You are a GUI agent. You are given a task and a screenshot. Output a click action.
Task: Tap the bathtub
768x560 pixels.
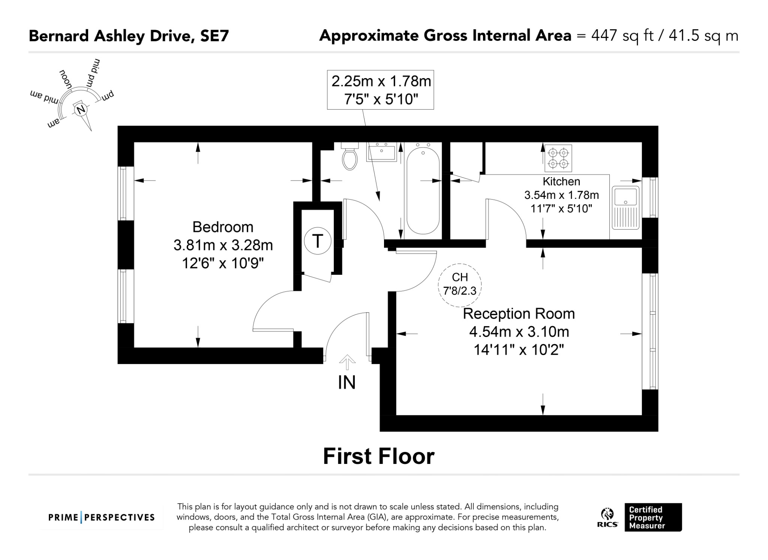423,191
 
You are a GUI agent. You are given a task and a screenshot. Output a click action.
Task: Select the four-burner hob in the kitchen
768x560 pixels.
558,158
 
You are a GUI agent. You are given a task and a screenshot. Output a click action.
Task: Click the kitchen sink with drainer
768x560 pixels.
625,208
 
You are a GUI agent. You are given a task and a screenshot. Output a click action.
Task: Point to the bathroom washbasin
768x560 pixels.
381,152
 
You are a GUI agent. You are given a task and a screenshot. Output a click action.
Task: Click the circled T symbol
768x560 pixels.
318,241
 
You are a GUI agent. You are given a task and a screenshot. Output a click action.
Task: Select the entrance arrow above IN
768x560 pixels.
347,362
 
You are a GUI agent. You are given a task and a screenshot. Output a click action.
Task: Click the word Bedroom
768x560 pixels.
223,227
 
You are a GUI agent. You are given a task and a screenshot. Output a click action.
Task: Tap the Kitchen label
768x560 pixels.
561,181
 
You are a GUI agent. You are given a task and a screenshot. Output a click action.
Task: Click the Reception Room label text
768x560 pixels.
519,314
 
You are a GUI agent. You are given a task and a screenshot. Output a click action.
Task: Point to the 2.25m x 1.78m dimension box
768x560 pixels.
381,90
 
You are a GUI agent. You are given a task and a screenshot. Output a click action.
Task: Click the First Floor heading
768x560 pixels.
379,456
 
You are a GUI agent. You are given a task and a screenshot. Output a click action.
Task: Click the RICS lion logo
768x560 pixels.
607,518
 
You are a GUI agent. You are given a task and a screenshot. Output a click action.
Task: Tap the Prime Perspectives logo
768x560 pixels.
102,518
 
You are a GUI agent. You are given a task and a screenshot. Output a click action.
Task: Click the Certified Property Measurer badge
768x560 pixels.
653,517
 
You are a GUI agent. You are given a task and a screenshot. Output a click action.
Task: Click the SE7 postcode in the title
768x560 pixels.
214,36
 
